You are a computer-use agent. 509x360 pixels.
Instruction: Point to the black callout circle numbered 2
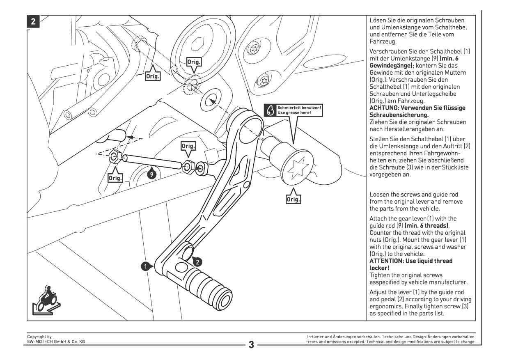(197, 261)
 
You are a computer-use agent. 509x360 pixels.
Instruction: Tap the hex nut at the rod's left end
(115, 156)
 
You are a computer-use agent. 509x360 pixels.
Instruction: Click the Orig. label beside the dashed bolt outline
(153, 76)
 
